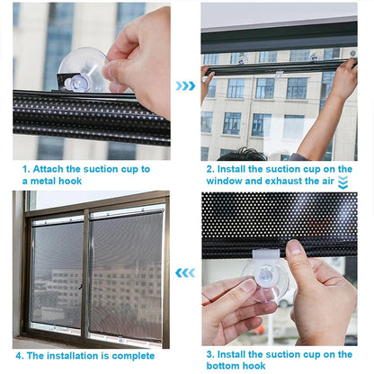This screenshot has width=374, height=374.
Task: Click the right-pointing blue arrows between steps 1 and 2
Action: [x=185, y=86]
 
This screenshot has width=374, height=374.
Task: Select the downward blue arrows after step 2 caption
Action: [x=343, y=183]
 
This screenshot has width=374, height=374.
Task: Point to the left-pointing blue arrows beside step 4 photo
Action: [x=185, y=272]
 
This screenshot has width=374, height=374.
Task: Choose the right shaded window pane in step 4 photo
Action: [x=126, y=274]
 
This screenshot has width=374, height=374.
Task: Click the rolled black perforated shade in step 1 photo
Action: [x=90, y=115]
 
